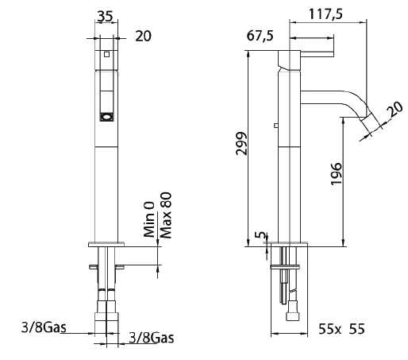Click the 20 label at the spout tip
(393, 108)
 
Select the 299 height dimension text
(242, 143)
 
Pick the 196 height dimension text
(336, 173)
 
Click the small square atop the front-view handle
(106, 55)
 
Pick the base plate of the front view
(106, 242)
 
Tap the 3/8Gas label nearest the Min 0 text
(151, 338)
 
